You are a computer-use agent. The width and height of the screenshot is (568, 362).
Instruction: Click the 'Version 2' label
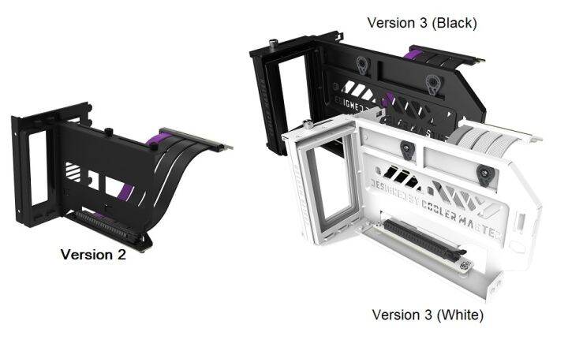pos(93,255)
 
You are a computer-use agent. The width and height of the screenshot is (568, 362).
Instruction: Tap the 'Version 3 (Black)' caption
pos(422,23)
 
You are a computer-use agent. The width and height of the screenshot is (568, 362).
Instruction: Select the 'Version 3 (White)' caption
pos(428,315)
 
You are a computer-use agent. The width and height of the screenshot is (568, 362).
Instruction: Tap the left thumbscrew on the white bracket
pos(405,147)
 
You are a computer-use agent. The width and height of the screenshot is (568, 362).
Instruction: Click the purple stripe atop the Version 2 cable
pos(153,142)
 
